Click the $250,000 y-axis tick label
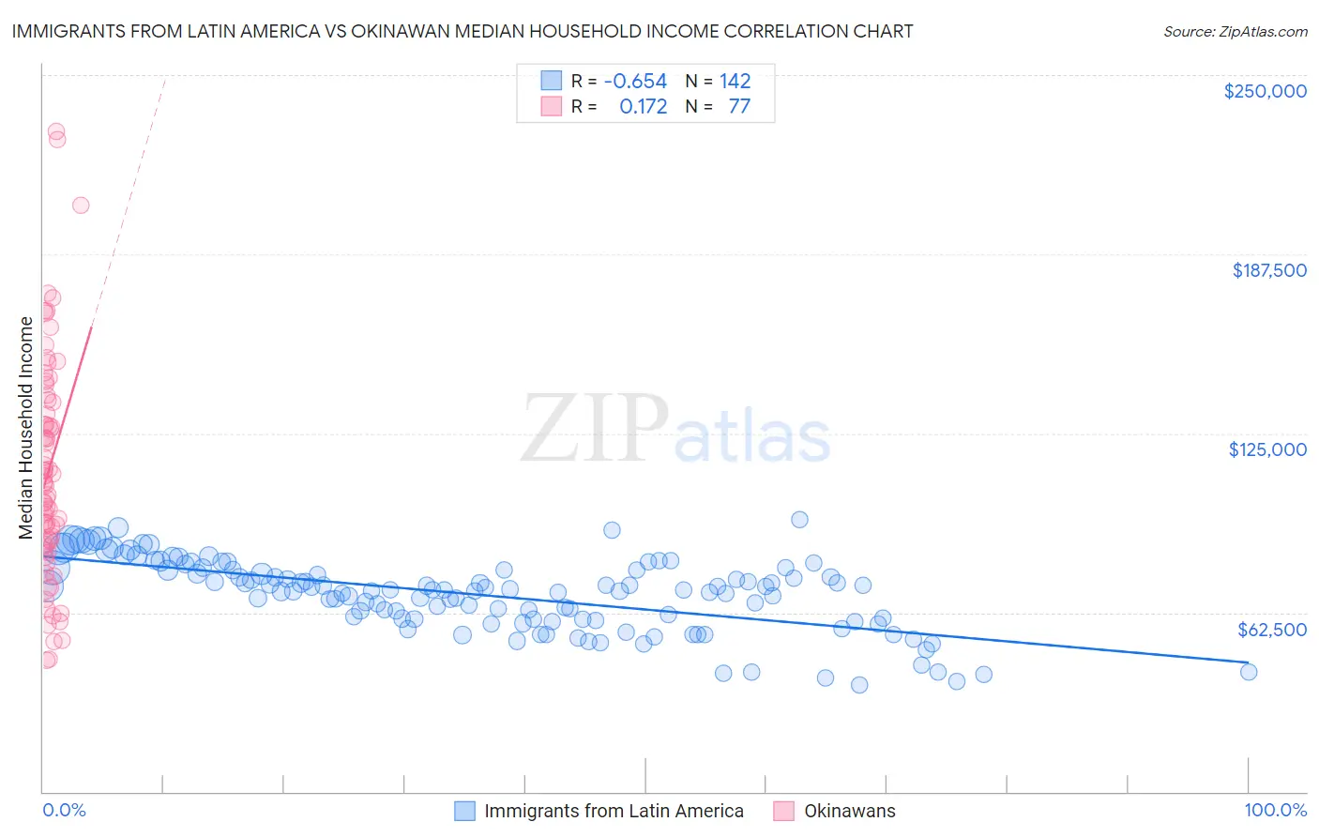click(x=1265, y=91)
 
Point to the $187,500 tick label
click(x=1268, y=270)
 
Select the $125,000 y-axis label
click(x=1267, y=449)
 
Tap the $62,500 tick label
click(x=1272, y=630)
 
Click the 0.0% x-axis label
click(x=64, y=810)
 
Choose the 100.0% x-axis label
click(x=1275, y=810)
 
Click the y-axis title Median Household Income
click(x=26, y=428)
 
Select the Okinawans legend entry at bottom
click(x=849, y=811)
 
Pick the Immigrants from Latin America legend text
click(x=614, y=811)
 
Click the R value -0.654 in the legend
click(x=635, y=82)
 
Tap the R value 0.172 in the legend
click(x=643, y=107)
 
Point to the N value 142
click(x=735, y=82)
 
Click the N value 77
click(x=739, y=107)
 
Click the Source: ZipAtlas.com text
click(x=1235, y=31)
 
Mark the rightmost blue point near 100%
click(x=1248, y=672)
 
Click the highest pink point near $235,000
click(x=56, y=132)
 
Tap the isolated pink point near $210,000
click(x=81, y=205)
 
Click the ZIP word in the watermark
click(x=594, y=430)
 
